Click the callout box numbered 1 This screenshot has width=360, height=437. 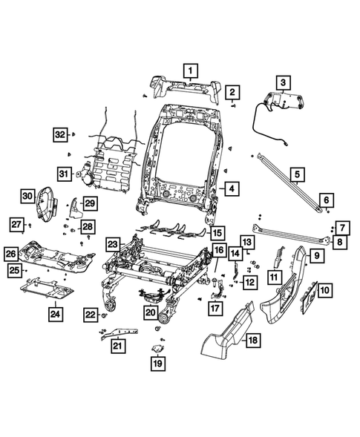click(x=191, y=71)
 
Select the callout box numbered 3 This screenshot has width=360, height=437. click(x=283, y=82)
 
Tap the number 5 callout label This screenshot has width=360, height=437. click(x=296, y=175)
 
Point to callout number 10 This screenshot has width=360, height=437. click(x=327, y=290)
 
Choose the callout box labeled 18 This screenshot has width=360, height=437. click(x=252, y=341)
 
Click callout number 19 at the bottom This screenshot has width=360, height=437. click(x=157, y=364)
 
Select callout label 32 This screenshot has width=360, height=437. click(x=60, y=134)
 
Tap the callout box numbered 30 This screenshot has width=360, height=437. click(x=27, y=196)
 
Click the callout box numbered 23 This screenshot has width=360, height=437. click(x=113, y=244)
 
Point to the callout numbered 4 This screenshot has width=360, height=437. click(x=232, y=189)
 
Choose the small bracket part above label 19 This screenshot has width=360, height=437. click(x=158, y=349)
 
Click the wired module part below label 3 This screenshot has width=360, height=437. click(x=285, y=102)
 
